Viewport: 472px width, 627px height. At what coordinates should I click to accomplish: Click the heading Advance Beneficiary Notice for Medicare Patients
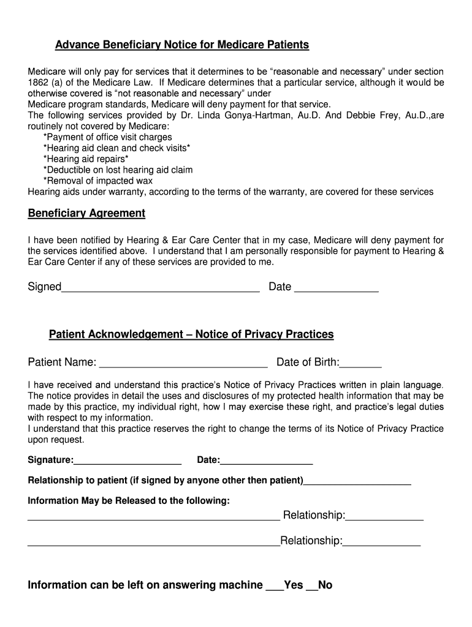pos(182,45)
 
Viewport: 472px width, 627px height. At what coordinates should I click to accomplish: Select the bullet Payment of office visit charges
pos(108,137)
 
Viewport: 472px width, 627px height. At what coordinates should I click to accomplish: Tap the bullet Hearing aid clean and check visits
pos(116,148)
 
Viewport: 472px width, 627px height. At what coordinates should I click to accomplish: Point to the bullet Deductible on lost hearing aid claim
pos(118,170)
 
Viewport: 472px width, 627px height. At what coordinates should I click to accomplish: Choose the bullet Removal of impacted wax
pos(98,181)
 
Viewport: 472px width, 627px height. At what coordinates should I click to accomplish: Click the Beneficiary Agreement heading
pos(86,214)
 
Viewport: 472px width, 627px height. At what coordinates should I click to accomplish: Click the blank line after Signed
pos(161,288)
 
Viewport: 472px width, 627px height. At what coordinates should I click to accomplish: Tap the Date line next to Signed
pos(336,288)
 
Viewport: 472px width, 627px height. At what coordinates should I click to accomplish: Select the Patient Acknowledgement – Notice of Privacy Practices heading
pos(191,334)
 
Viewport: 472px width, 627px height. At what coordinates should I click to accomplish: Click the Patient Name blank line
pos(183,363)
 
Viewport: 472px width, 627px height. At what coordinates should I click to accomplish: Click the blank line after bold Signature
pos(128,461)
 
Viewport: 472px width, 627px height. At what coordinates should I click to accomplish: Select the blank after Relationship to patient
pos(357,482)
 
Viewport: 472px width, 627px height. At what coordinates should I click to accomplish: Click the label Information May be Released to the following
pos(129,501)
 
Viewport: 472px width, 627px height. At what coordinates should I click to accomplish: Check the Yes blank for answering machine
pos(274,587)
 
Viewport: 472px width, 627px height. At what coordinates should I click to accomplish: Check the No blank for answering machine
pos(312,587)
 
